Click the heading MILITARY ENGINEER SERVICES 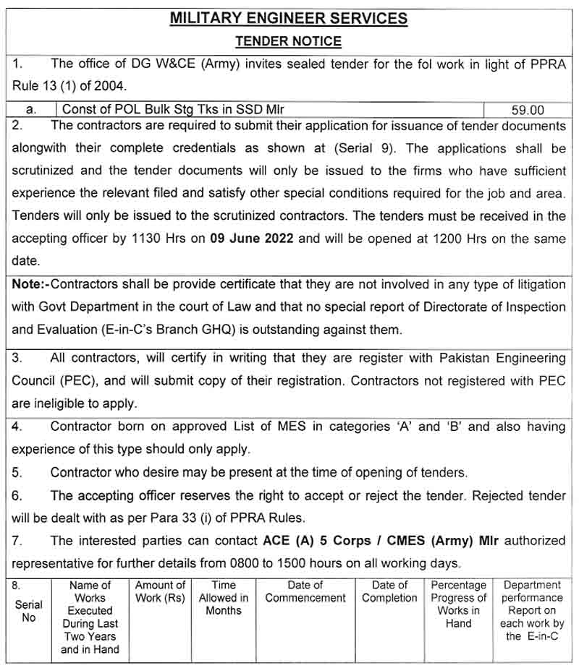pyautogui.click(x=288, y=18)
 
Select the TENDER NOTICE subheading pyautogui.click(x=288, y=41)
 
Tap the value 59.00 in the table pyautogui.click(x=527, y=110)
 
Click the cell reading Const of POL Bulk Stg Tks pyautogui.click(x=174, y=110)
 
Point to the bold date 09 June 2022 pyautogui.click(x=251, y=239)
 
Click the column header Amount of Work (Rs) pyautogui.click(x=160, y=591)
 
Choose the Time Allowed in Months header pyautogui.click(x=224, y=598)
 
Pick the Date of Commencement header pyautogui.click(x=305, y=591)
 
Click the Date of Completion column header pyautogui.click(x=389, y=591)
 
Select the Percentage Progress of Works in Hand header pyautogui.click(x=458, y=604)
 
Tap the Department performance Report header pyautogui.click(x=532, y=611)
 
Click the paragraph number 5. pyautogui.click(x=17, y=473)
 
